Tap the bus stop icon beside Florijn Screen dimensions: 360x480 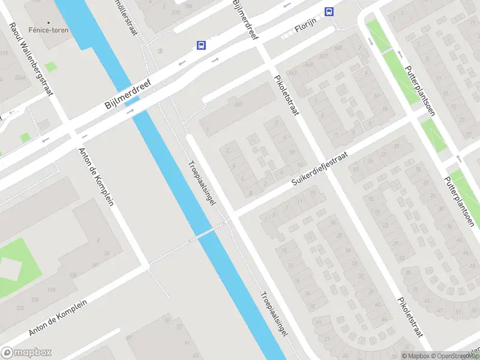click(328, 11)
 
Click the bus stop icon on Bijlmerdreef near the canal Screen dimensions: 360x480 click(201, 45)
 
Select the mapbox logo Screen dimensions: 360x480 click(26, 353)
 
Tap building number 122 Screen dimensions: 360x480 click(21, 308)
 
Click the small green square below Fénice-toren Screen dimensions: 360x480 click(50, 67)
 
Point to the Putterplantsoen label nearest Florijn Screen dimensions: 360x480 click(419, 90)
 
